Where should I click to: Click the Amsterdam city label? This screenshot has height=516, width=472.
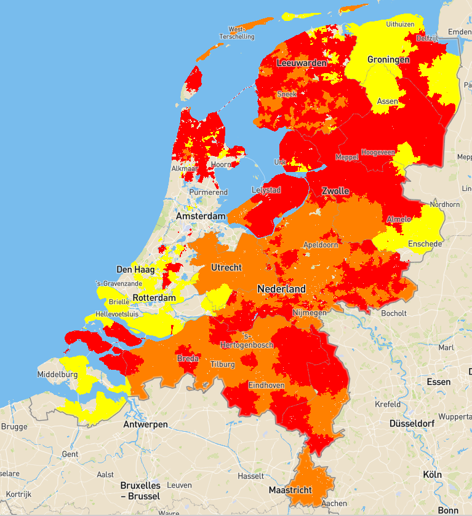pyautogui.click(x=201, y=217)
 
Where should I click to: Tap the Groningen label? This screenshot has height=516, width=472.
pyautogui.click(x=388, y=60)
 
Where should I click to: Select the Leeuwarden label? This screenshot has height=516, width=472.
pyautogui.click(x=302, y=63)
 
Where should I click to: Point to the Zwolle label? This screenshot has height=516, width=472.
pyautogui.click(x=335, y=191)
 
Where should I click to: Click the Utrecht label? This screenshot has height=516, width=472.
pyautogui.click(x=227, y=268)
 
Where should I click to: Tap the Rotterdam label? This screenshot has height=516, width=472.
pyautogui.click(x=154, y=298)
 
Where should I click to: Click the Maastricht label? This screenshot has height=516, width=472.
pyautogui.click(x=290, y=490)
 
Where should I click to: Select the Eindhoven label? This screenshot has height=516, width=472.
pyautogui.click(x=266, y=385)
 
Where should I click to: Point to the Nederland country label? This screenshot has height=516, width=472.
pyautogui.click(x=281, y=289)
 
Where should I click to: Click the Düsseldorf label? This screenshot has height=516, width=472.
pyautogui.click(x=413, y=424)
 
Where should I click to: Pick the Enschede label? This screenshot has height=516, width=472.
pyautogui.click(x=425, y=244)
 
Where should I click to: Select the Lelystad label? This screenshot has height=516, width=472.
pyautogui.click(x=266, y=190)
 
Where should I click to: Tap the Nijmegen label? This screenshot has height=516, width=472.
pyautogui.click(x=310, y=313)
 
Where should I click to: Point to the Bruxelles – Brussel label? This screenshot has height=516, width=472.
pyautogui.click(x=140, y=491)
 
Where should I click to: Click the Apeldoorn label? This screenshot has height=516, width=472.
pyautogui.click(x=321, y=244)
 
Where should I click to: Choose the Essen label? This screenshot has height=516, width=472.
pyautogui.click(x=438, y=382)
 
